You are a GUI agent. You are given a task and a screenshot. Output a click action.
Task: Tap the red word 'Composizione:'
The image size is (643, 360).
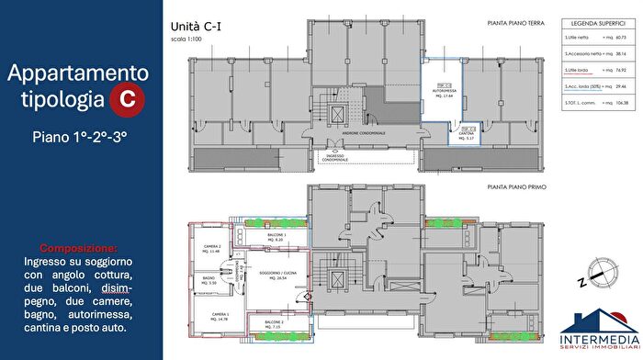coord(78,248)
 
